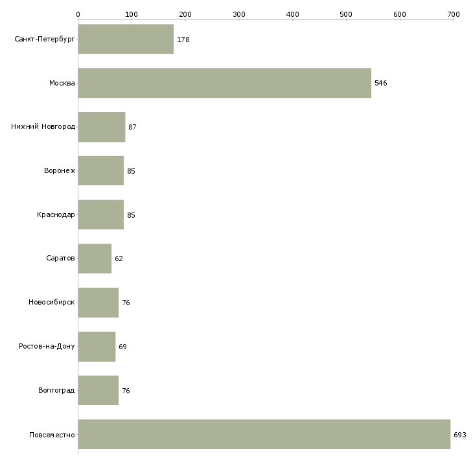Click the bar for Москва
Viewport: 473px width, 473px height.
(225, 83)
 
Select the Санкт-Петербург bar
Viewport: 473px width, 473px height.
(126, 39)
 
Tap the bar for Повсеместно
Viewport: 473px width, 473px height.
(264, 434)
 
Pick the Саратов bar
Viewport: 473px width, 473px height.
(95, 259)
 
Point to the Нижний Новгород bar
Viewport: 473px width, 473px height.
(102, 127)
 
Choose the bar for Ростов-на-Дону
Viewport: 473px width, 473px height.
(97, 347)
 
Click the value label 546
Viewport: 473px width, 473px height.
(381, 83)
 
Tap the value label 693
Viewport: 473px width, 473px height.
(460, 435)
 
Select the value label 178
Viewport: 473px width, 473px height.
(183, 40)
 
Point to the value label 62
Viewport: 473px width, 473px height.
(119, 259)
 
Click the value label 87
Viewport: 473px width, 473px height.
(132, 127)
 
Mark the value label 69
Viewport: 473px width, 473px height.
(122, 347)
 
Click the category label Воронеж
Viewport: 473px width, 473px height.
(60, 170)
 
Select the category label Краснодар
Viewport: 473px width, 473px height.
(56, 214)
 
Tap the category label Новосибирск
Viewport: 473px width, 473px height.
(52, 302)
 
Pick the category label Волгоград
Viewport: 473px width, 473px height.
(56, 390)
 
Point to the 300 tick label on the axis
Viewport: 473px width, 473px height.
(239, 14)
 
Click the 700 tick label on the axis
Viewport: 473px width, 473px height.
(454, 14)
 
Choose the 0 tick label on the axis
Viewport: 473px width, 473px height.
(78, 14)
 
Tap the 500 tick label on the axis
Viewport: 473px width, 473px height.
(346, 14)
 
